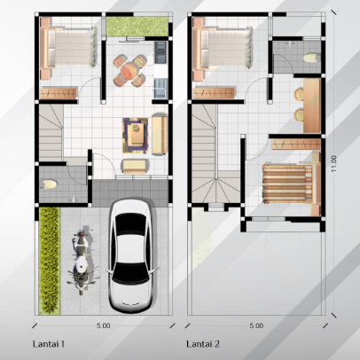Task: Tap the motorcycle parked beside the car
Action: click(x=81, y=261)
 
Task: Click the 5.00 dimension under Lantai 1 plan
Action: click(x=104, y=325)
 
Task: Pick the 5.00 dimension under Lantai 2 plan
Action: click(x=256, y=325)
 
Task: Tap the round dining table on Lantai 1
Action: click(x=130, y=70)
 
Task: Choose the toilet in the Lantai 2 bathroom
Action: click(x=309, y=59)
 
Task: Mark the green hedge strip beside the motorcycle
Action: click(x=49, y=259)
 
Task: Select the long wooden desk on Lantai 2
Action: click(x=312, y=104)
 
